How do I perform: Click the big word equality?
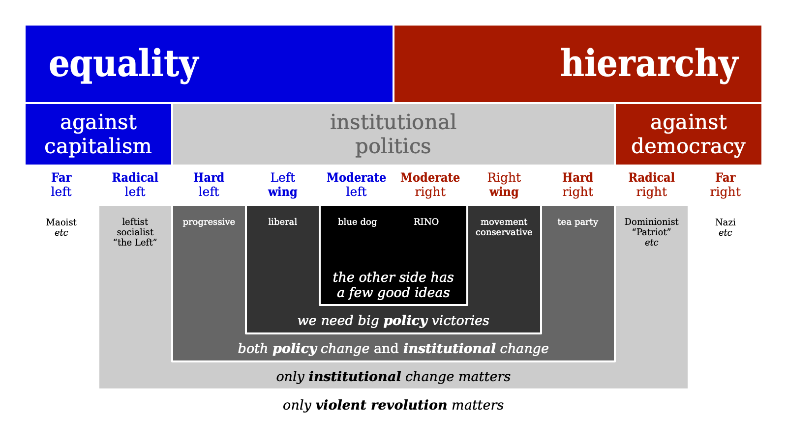tap(123, 64)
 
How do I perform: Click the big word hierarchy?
tap(649, 64)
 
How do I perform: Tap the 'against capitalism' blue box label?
tap(98, 134)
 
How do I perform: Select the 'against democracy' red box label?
tap(688, 134)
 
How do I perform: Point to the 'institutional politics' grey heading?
tap(393, 134)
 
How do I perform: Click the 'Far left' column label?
tap(61, 185)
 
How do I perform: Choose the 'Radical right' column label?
tap(651, 185)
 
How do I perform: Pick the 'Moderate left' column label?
tap(356, 185)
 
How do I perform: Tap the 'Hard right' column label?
tap(577, 185)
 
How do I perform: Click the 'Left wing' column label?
tap(282, 185)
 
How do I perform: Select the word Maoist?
tap(61, 222)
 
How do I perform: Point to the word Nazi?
tap(725, 222)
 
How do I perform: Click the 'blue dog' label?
tap(357, 222)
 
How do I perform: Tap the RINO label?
tap(426, 222)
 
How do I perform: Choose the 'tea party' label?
tap(577, 222)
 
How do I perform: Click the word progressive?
tap(209, 222)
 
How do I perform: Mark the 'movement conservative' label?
tap(504, 227)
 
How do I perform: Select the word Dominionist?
tap(651, 222)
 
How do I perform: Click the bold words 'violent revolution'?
tap(381, 405)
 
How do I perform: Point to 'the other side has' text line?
tap(393, 277)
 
